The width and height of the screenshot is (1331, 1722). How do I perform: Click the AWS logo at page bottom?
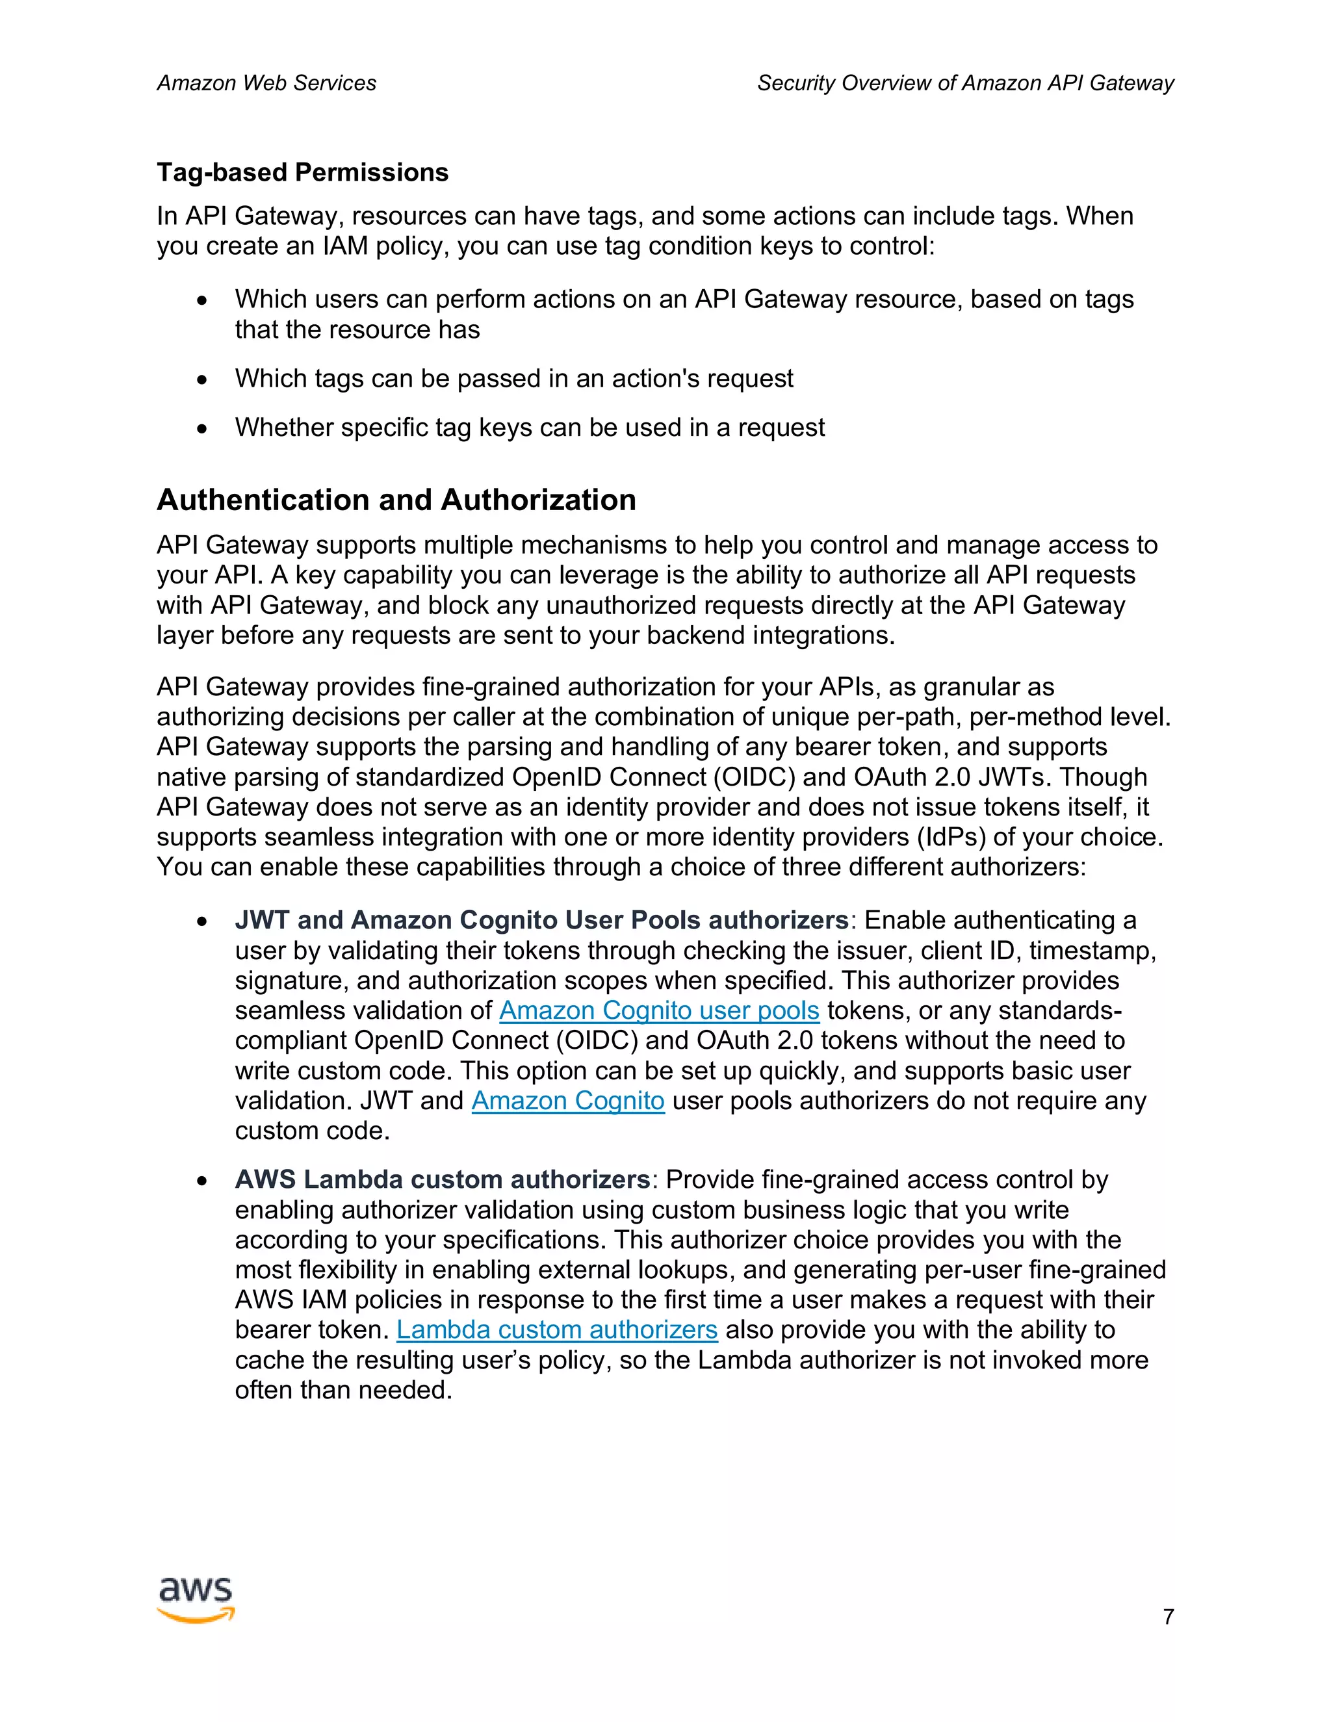196,1600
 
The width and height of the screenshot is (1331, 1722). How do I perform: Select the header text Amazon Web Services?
266,83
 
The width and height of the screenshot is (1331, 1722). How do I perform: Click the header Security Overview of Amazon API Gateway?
965,83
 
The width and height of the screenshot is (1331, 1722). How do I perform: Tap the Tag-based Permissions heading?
303,172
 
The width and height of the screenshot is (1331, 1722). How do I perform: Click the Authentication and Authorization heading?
396,500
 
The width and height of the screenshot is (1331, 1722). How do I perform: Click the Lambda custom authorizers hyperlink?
557,1330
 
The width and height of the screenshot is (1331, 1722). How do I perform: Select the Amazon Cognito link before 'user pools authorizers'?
568,1100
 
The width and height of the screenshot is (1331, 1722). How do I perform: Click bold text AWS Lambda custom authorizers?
441,1179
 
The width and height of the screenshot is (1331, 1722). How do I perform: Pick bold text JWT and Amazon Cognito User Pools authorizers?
541,920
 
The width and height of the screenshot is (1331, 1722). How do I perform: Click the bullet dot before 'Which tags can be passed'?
203,380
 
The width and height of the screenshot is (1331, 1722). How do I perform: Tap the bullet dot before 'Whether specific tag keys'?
203,429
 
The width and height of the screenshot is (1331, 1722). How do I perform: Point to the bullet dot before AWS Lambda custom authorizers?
203,1180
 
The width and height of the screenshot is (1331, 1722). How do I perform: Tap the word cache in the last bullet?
270,1359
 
